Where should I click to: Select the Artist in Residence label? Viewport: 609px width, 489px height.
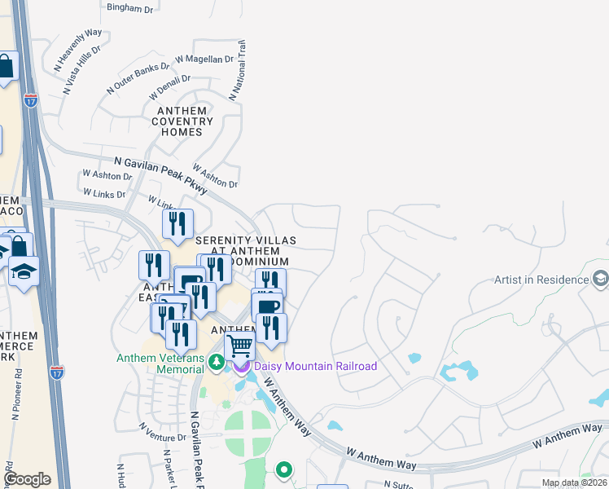[541, 280]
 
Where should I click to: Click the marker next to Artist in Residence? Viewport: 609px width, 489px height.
[601, 280]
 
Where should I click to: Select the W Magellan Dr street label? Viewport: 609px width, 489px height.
[204, 59]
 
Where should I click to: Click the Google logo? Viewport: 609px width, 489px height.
[27, 479]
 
